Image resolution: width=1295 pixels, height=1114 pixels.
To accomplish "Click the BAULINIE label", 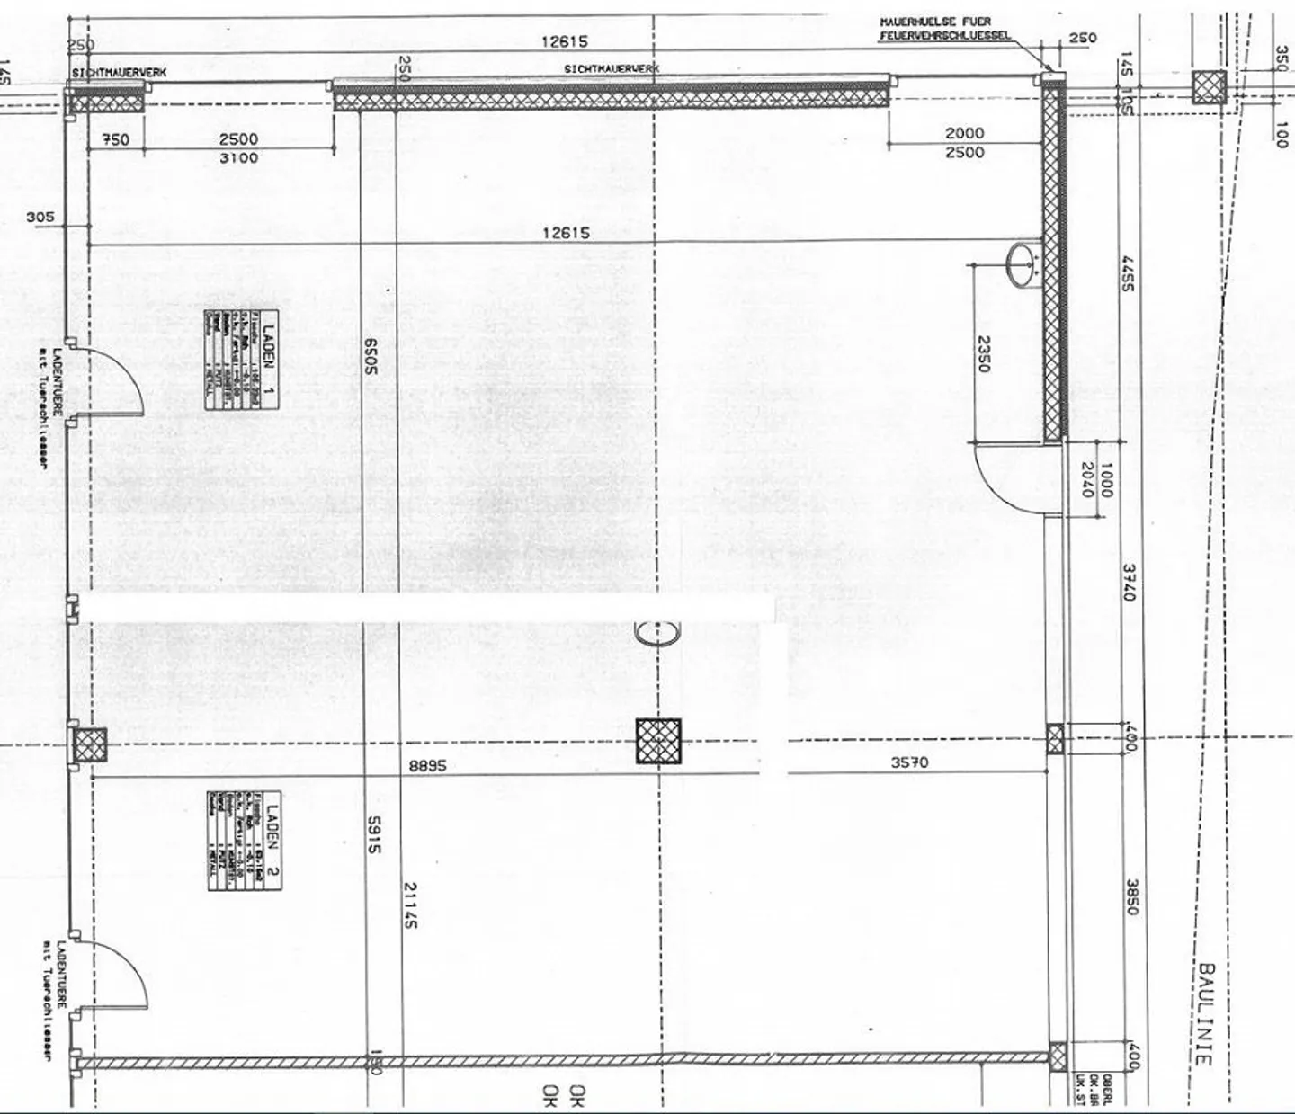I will coord(1206,1014).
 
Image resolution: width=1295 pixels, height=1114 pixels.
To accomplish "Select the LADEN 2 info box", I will coord(245,841).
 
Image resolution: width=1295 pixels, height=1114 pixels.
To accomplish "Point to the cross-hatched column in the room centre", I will coord(658,741).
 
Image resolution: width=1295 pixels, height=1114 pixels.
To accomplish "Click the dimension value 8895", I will coord(427,766).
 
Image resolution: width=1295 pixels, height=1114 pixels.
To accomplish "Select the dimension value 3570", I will coord(909,762).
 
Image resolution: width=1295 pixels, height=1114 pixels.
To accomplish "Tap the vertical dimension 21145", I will coord(410,905).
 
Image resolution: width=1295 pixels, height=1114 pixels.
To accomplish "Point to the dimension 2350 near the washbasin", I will coord(983,353).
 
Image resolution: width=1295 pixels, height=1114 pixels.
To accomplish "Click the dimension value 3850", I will coord(1130,896).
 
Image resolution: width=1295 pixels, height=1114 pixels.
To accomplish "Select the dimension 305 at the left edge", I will coord(40,217).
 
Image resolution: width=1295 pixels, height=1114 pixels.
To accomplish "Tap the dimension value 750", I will coord(115,139).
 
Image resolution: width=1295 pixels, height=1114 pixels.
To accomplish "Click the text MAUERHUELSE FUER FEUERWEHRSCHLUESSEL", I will coord(943,28).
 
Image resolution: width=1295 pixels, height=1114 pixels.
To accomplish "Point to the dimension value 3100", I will coord(238,158).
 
